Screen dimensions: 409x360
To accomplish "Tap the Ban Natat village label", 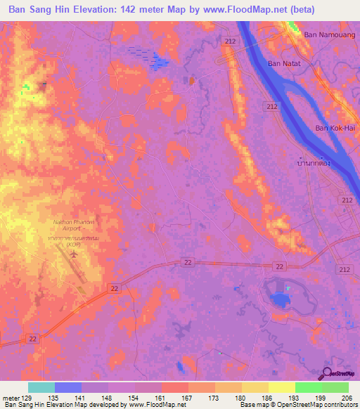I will [283, 63].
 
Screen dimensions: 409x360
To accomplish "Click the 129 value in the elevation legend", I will [28, 398].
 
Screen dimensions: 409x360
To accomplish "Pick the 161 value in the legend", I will [162, 398].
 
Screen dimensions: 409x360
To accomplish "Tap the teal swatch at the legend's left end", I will [41, 387].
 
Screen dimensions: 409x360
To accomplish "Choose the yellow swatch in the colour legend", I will [281, 387].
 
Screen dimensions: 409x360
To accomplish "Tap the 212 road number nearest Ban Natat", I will [271, 106].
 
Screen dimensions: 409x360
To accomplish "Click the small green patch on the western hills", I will [26, 88].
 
